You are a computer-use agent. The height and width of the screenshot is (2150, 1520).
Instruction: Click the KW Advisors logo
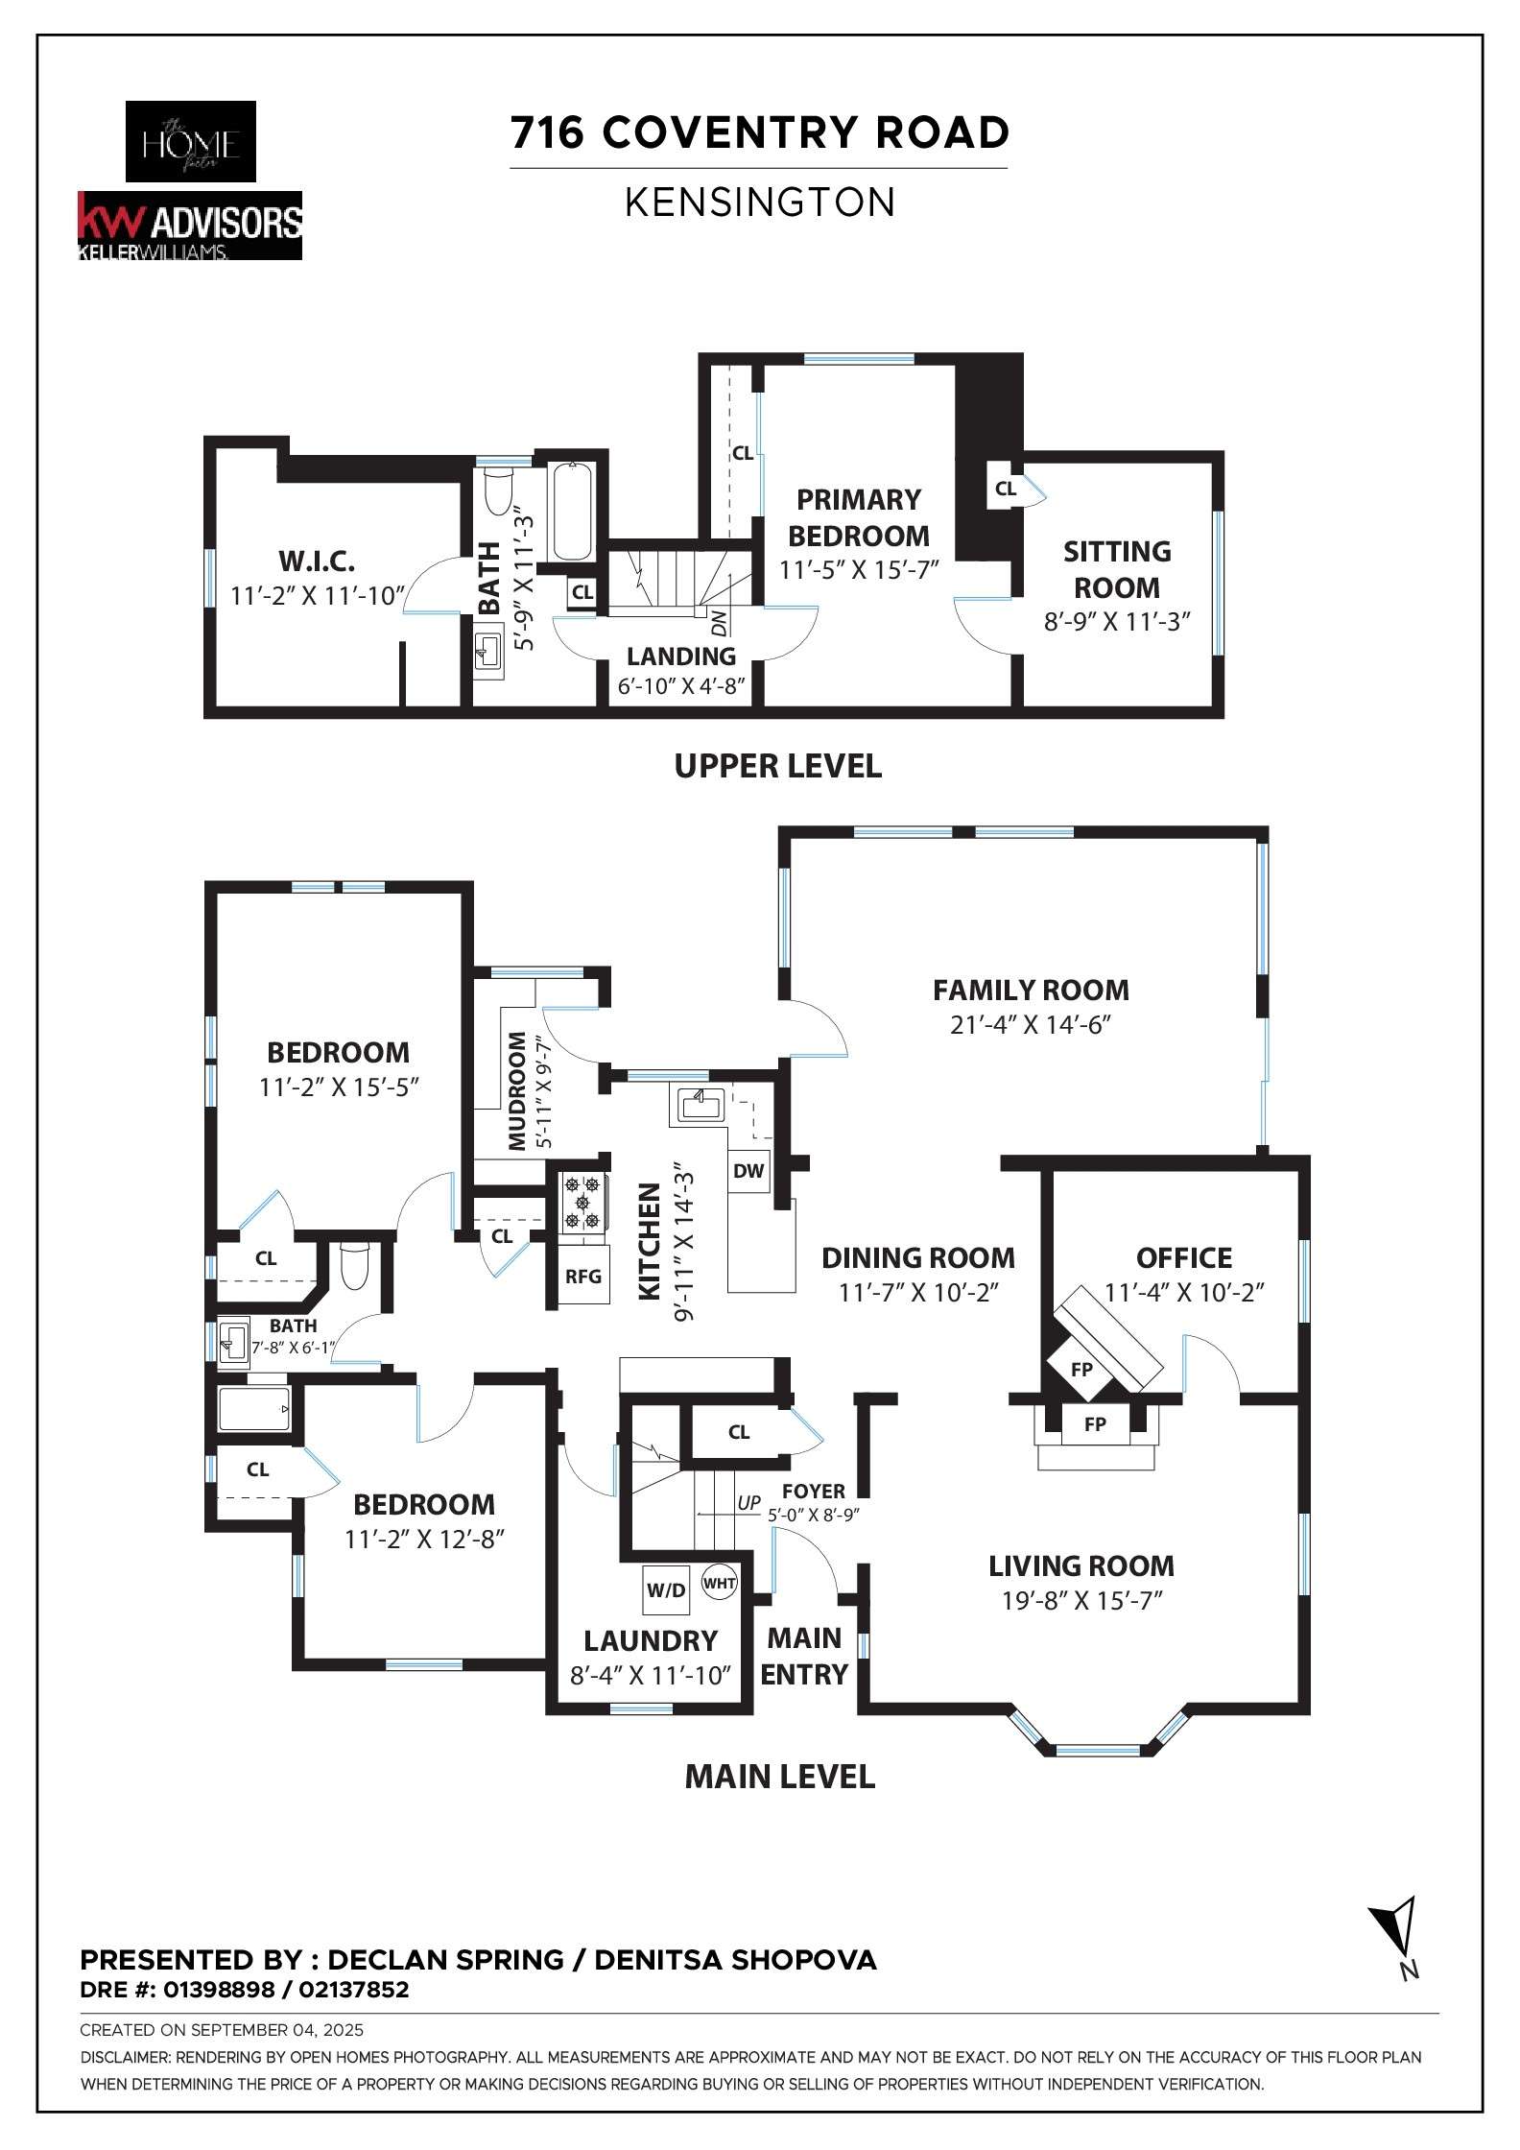pyautogui.click(x=189, y=225)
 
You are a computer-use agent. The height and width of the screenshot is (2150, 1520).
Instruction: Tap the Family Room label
pyautogui.click(x=1030, y=990)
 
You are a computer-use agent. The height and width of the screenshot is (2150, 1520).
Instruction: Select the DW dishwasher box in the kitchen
pyautogui.click(x=748, y=1170)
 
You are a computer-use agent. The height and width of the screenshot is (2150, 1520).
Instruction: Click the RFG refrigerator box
pyautogui.click(x=582, y=1277)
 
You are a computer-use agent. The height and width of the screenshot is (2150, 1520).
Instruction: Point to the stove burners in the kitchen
pyautogui.click(x=582, y=1203)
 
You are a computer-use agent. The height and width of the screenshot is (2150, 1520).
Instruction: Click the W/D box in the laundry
pyautogui.click(x=666, y=1589)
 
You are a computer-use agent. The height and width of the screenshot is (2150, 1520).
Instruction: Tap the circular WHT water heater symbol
pyautogui.click(x=719, y=1583)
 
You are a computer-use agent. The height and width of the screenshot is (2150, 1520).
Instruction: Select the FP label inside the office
pyautogui.click(x=1081, y=1370)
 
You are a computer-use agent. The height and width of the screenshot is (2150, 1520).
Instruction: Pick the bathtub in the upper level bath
pyautogui.click(x=573, y=511)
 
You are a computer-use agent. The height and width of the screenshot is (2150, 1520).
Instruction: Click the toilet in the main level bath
pyautogui.click(x=354, y=1266)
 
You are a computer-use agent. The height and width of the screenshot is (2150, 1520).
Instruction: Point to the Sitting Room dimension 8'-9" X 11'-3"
pyautogui.click(x=1116, y=622)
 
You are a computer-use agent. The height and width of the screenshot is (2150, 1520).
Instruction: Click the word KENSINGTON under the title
pyautogui.click(x=759, y=203)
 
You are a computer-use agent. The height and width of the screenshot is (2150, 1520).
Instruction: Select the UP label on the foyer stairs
pyautogui.click(x=748, y=1503)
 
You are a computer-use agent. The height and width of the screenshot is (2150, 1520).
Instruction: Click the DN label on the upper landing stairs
pyautogui.click(x=719, y=623)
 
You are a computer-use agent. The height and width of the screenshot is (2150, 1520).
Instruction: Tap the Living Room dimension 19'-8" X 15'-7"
pyautogui.click(x=1081, y=1601)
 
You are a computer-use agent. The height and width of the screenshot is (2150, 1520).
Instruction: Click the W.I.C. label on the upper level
pyautogui.click(x=317, y=561)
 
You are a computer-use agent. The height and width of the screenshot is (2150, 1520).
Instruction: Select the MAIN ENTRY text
pyautogui.click(x=804, y=1656)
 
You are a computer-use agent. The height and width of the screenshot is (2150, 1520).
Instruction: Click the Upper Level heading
pyautogui.click(x=777, y=766)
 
